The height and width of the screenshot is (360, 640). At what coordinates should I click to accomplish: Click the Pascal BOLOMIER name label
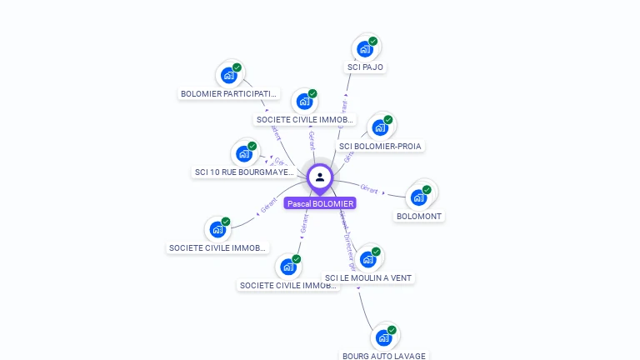click(x=320, y=203)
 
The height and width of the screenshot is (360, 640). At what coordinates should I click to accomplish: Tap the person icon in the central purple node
click(x=320, y=177)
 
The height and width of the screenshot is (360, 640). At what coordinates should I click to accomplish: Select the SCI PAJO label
click(x=367, y=67)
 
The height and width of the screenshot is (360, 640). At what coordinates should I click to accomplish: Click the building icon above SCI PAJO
click(x=364, y=49)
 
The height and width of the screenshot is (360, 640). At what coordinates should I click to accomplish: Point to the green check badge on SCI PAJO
click(x=373, y=41)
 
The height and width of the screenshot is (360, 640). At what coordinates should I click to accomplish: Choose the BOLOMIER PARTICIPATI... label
click(x=229, y=93)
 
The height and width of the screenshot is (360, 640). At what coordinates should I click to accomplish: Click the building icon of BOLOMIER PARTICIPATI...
click(x=228, y=76)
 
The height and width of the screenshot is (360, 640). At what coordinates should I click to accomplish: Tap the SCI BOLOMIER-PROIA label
click(x=381, y=146)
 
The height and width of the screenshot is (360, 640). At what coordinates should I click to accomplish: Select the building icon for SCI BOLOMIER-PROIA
click(x=380, y=127)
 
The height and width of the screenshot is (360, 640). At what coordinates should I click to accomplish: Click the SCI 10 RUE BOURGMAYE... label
click(x=245, y=172)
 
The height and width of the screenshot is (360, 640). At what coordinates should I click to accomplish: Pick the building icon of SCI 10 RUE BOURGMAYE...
click(x=244, y=154)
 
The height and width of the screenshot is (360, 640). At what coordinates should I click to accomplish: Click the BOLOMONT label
click(x=419, y=216)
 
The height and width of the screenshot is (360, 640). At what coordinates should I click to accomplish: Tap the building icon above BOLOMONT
click(x=417, y=197)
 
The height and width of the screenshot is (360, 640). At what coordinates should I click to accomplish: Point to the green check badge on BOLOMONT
click(x=427, y=189)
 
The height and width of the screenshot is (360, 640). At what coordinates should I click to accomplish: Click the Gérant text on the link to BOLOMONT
click(x=369, y=189)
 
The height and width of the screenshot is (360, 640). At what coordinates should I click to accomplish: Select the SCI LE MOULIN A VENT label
click(x=368, y=277)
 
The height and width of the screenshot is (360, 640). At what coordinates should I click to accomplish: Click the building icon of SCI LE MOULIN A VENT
click(x=367, y=259)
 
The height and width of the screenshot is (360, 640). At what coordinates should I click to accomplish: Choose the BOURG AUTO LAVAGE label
click(x=384, y=356)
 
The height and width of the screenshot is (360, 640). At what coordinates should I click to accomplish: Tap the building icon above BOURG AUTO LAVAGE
click(x=383, y=337)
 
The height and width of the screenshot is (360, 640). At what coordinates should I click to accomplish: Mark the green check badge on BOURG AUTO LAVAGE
click(x=392, y=329)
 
